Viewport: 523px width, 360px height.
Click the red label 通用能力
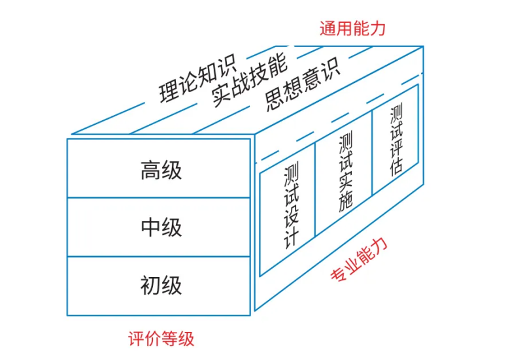(352, 28)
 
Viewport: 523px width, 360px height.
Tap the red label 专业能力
(359, 261)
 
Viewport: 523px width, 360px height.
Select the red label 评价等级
(161, 339)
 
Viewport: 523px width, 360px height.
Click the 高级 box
(159, 169)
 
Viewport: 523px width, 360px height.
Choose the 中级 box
(159, 227)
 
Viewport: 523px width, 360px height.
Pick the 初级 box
(159, 286)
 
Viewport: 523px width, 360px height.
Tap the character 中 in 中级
(150, 227)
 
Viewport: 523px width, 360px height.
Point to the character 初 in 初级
(150, 286)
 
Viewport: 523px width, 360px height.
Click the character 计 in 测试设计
(290, 237)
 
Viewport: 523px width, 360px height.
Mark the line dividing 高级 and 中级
(159, 197)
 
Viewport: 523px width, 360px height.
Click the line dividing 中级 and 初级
(159, 257)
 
